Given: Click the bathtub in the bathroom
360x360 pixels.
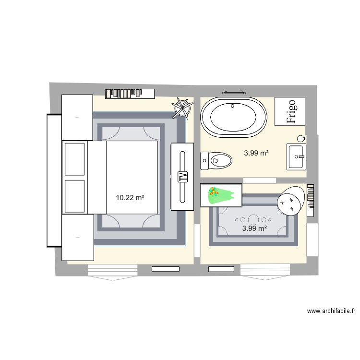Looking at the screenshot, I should tap(234, 118).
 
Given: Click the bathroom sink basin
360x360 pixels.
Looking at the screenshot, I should tap(296, 156).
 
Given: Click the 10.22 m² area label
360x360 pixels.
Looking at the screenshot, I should tap(130, 197).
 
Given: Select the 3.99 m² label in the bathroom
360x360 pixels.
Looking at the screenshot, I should tap(256, 154).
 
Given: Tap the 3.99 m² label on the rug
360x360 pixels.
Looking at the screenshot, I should tap(254, 228).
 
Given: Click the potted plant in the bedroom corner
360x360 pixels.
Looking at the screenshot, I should tap(182, 108).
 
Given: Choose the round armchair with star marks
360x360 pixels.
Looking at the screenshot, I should tap(291, 201).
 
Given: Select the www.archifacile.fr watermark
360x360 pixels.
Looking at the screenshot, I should tap(331, 311).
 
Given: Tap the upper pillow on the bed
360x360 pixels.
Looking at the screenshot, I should tap(74, 158).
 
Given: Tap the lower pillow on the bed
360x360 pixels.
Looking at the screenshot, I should tap(74, 195).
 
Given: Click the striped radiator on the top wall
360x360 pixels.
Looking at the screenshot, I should tap(130, 93).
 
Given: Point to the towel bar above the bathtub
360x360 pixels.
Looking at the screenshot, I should tap(233, 92).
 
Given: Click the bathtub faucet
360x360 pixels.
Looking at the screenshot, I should tap(233, 105).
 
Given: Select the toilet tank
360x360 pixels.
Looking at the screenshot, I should tap(204, 160).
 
